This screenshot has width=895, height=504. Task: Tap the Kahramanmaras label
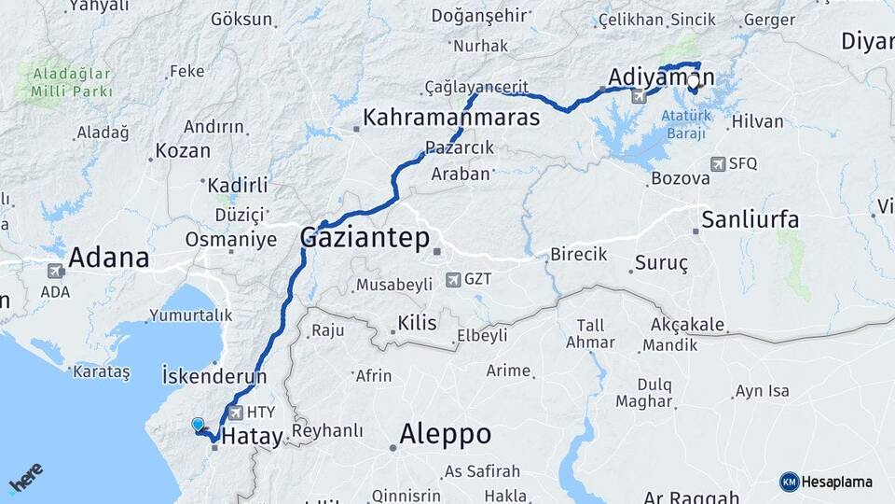click(x=451, y=118)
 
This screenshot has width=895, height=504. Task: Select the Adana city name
click(x=109, y=257)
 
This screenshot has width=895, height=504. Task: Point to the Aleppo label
click(x=445, y=434)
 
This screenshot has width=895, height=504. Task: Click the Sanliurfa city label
click(x=750, y=220)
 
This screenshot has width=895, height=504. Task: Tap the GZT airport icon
click(x=453, y=279)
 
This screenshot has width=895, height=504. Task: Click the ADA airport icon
click(x=55, y=271)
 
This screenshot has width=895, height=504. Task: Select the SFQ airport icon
click(x=718, y=163)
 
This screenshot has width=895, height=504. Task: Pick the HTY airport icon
click(x=236, y=412)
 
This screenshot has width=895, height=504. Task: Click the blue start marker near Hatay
click(x=198, y=425)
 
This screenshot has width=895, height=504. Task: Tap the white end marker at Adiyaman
click(x=693, y=81)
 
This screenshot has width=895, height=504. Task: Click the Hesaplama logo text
click(x=835, y=482)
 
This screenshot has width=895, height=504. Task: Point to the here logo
click(x=25, y=478)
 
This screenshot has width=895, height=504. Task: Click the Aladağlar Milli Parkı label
click(x=72, y=81)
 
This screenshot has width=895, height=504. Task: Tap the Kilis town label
click(x=417, y=323)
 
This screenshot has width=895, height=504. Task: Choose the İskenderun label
click(x=214, y=377)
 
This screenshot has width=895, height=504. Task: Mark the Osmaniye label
click(x=231, y=239)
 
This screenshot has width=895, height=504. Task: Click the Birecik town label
click(x=578, y=254)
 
